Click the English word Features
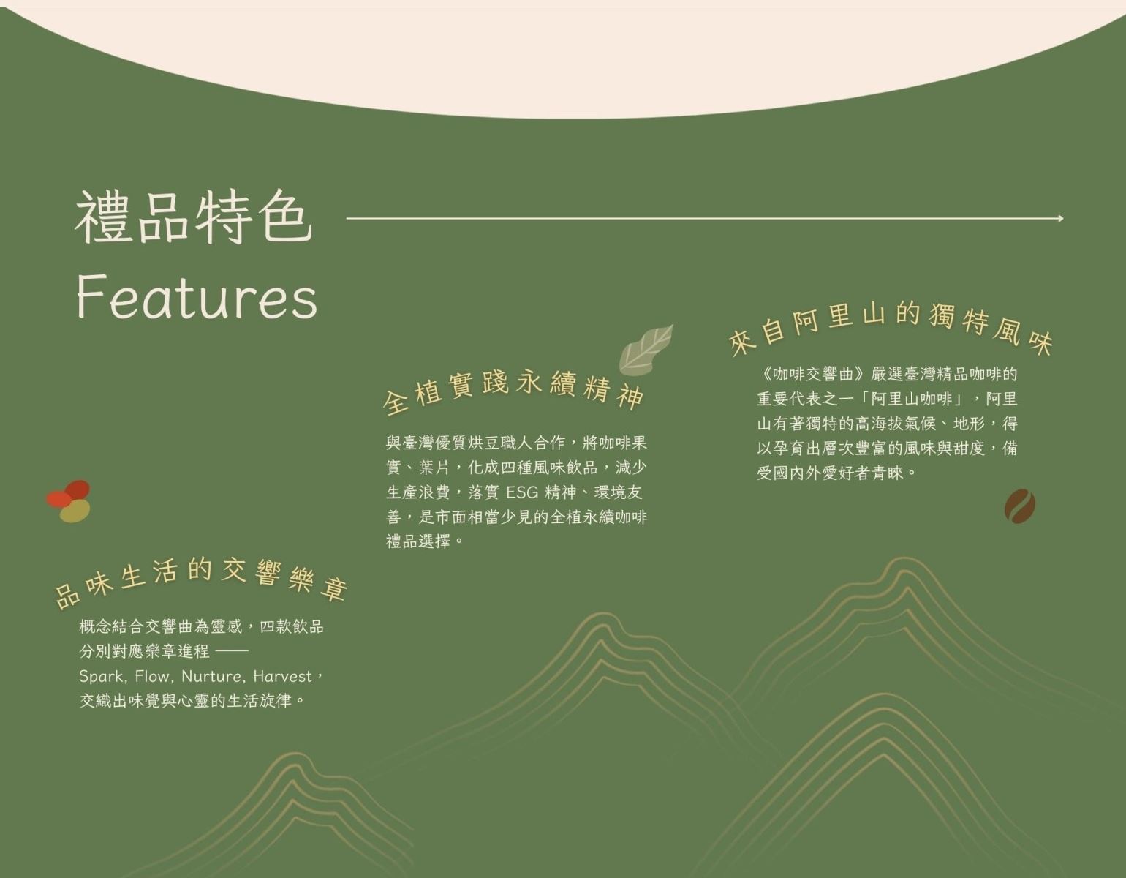tap(197, 298)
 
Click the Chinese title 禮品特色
tap(194, 217)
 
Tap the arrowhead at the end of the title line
tap(1061, 218)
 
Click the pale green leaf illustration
tap(646, 350)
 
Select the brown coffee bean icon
tap(1020, 506)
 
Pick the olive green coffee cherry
tap(75, 511)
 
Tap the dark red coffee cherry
tap(78, 489)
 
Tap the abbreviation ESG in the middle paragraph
tap(522, 492)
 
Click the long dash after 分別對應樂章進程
tap(232, 651)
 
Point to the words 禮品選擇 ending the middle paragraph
tap(418, 541)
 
